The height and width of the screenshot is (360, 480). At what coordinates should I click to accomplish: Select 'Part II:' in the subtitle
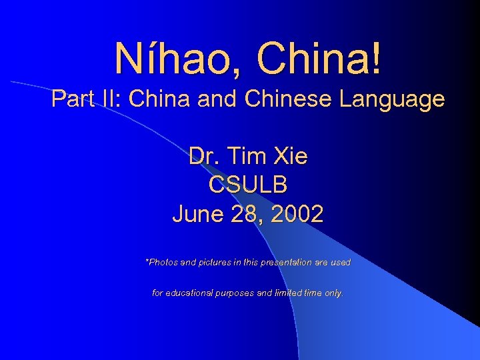87,99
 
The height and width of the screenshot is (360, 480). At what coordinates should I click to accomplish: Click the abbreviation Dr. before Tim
204,157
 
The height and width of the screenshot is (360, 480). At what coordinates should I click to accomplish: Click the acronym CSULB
248,185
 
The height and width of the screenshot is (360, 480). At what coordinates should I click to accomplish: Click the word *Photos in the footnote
161,263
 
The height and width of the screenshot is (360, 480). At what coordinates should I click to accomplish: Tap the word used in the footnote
340,263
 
